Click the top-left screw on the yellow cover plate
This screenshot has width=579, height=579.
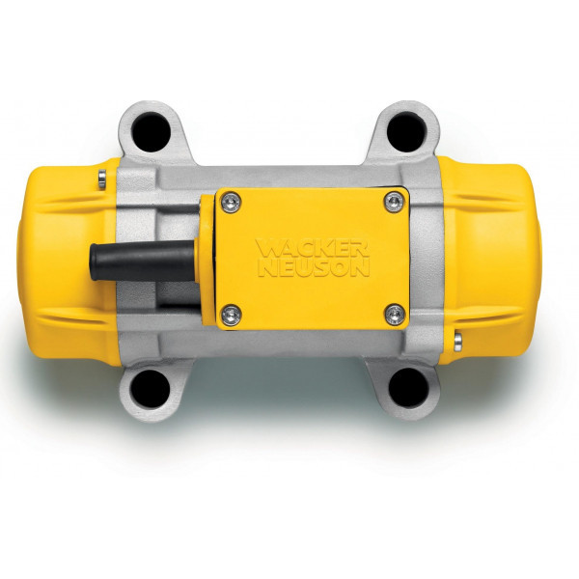point(229,200)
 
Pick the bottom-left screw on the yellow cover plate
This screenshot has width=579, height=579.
point(230,311)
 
